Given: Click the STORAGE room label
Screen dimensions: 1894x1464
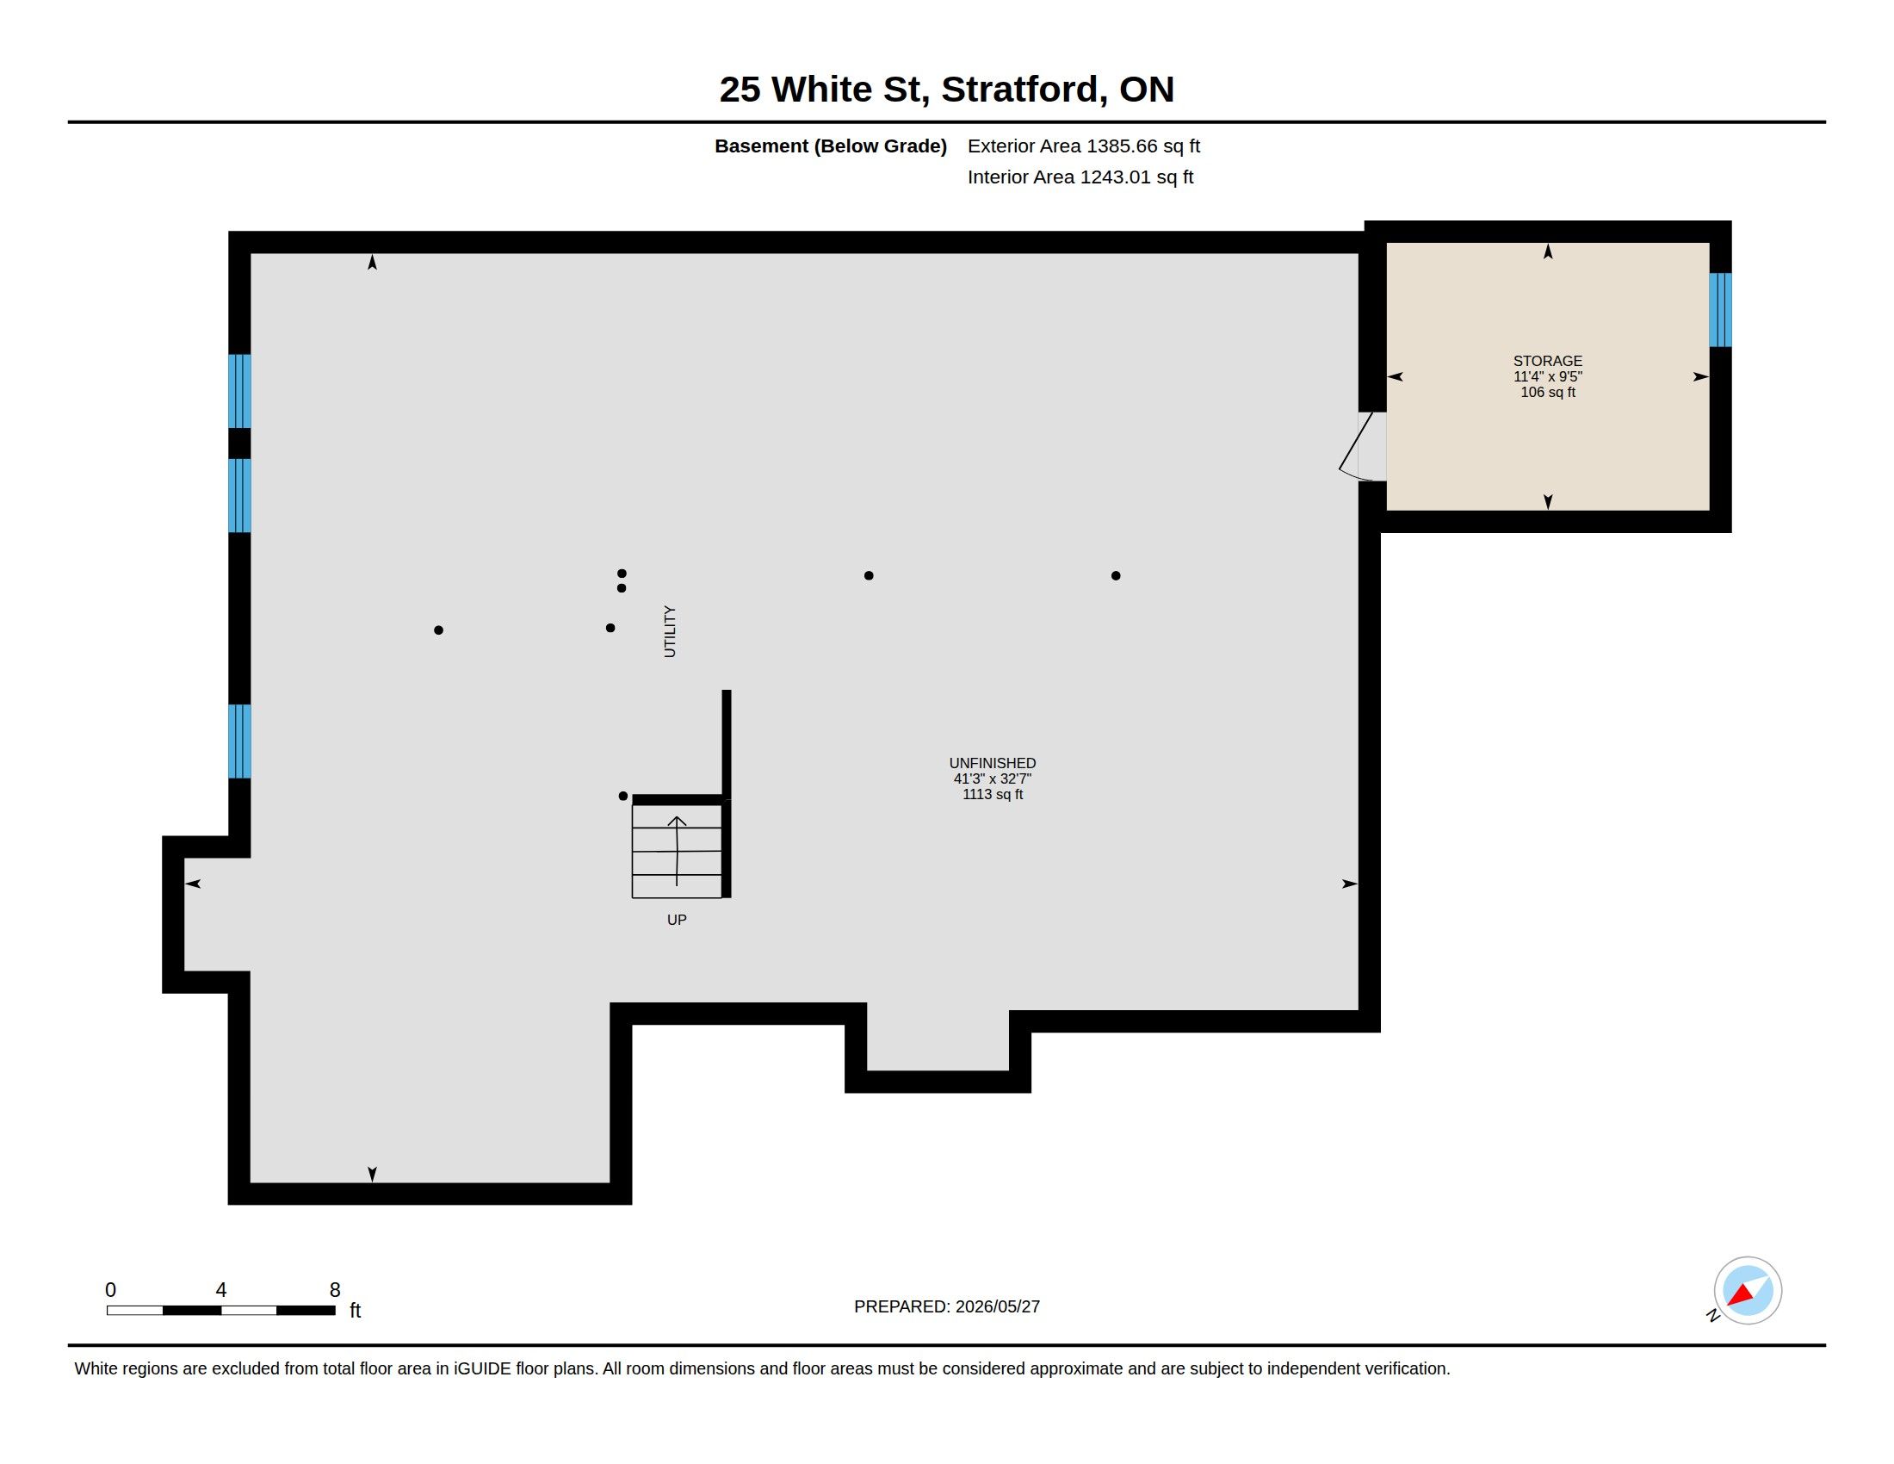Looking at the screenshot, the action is point(1547,361).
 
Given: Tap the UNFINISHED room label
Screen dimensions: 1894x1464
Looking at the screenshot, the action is point(992,763).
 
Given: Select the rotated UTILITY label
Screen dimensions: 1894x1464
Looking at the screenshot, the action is point(670,631).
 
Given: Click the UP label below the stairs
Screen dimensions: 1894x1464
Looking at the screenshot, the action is point(677,920).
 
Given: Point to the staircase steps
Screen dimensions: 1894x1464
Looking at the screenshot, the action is point(677,851).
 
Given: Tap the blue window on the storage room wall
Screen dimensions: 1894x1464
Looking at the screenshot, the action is point(1721,310).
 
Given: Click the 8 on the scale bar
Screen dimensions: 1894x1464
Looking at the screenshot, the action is point(335,1290).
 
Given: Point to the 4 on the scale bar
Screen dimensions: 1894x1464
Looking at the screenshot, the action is point(221,1290).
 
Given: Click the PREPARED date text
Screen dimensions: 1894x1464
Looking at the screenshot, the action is point(947,1306).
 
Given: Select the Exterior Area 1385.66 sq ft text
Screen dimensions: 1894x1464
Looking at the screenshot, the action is point(1084,146).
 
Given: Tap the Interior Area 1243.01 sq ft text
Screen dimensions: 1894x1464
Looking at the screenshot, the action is point(1080,177).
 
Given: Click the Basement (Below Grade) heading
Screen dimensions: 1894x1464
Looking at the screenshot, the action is point(830,146).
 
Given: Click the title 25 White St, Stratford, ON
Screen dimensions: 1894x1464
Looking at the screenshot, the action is point(947,89).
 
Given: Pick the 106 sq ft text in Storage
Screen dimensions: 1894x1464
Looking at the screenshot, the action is point(1548,392).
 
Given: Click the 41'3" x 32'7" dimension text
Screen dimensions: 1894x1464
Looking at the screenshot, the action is point(992,779).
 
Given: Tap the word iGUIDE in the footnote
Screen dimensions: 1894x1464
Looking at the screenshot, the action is point(482,1368).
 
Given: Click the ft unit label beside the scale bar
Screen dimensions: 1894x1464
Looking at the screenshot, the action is point(355,1310).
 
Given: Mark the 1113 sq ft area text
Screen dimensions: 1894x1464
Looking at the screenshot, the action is point(992,795).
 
